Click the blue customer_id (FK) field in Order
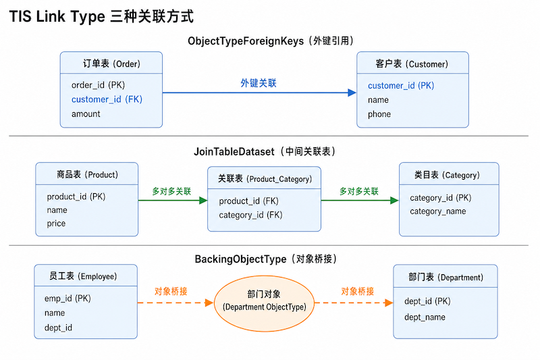click(x=107, y=99)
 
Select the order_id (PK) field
click(x=98, y=85)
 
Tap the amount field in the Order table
click(x=86, y=114)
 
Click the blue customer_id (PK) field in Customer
click(x=401, y=85)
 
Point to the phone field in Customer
click(x=379, y=114)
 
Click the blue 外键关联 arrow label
click(x=259, y=83)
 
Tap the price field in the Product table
click(x=56, y=224)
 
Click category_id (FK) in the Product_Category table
click(x=250, y=215)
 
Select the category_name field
click(x=437, y=211)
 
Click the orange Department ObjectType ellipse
click(x=264, y=303)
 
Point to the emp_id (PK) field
click(x=67, y=299)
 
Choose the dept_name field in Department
click(x=425, y=317)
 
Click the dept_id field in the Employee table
click(x=58, y=328)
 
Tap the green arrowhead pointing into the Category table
click(x=395, y=201)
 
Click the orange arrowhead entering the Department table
click(x=389, y=303)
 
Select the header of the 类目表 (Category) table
click(x=449, y=174)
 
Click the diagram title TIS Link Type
click(x=57, y=16)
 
